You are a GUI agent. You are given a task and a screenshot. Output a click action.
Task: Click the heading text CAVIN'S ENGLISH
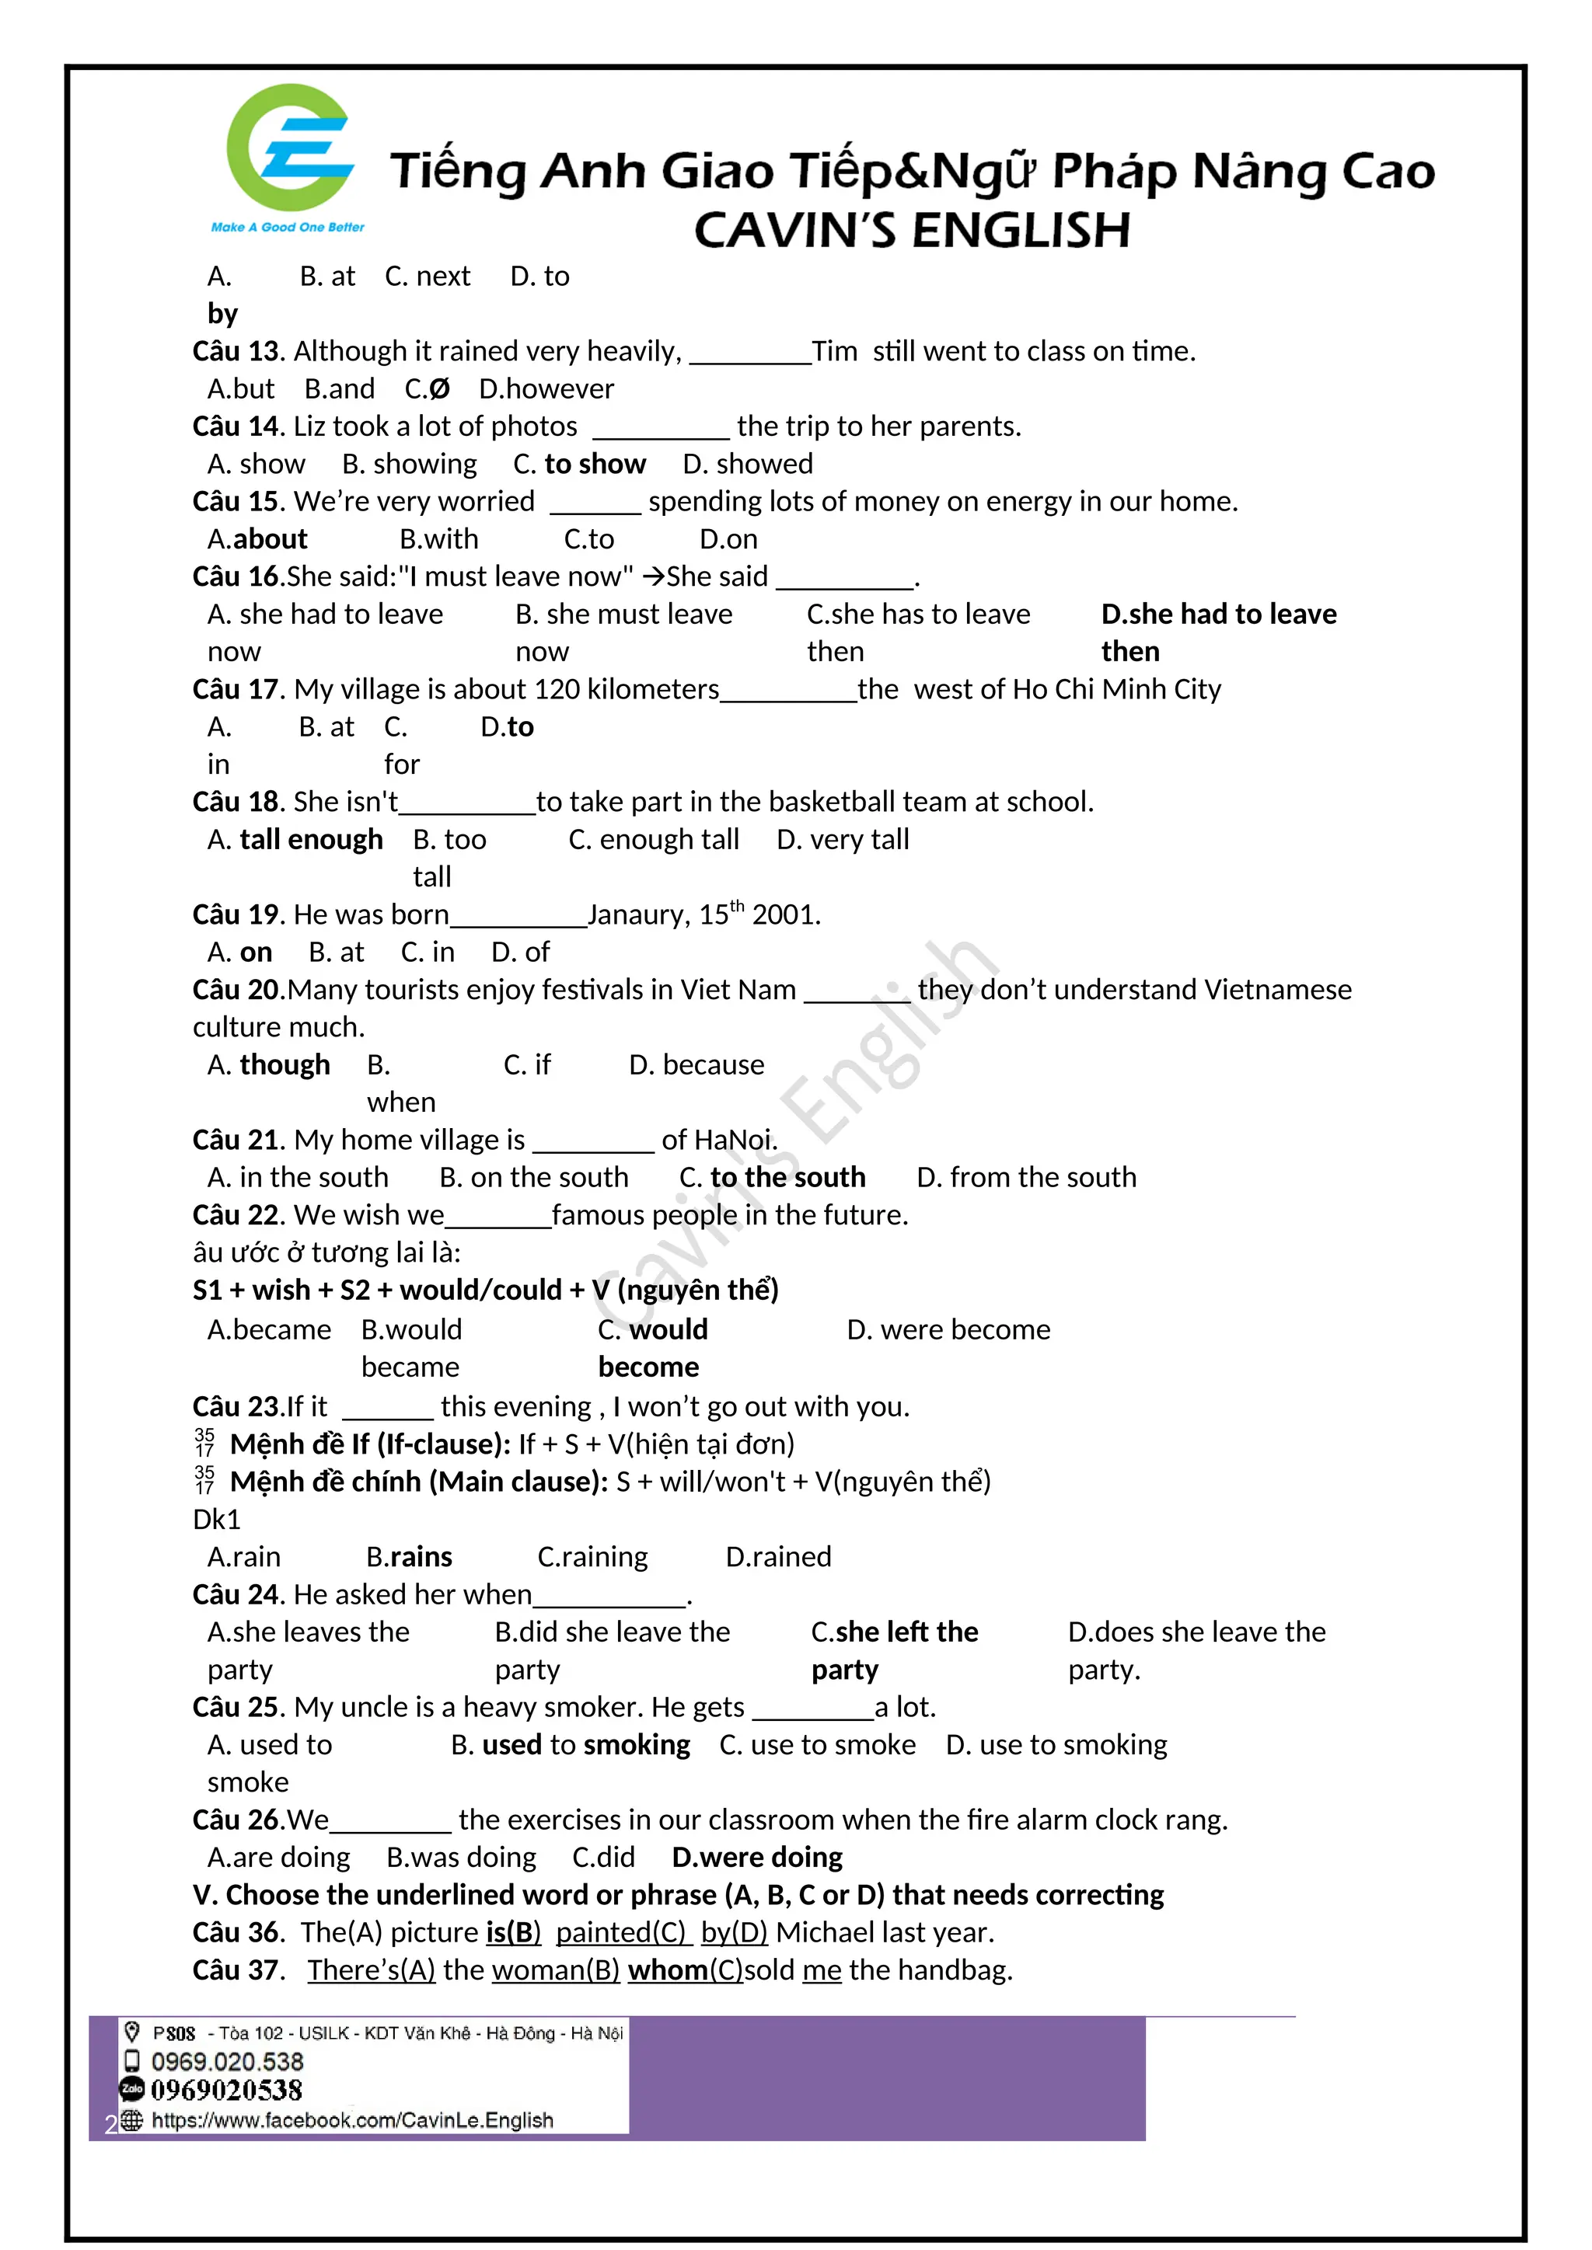(x=912, y=232)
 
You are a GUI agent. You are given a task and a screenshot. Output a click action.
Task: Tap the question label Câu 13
(x=237, y=351)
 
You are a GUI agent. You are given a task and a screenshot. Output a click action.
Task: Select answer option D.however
(x=546, y=389)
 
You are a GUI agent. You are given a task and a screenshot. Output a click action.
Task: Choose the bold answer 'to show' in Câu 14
(x=594, y=464)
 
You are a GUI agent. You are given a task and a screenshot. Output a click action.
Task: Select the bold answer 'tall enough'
(x=311, y=840)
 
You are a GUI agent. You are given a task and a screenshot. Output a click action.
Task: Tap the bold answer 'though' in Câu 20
(x=285, y=1065)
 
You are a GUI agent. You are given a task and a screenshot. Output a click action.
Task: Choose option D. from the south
(x=1026, y=1177)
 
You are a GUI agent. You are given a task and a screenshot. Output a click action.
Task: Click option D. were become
(x=948, y=1330)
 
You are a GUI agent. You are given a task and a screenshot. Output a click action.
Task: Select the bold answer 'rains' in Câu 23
(x=421, y=1557)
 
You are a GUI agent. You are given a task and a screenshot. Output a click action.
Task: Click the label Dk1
(x=217, y=1519)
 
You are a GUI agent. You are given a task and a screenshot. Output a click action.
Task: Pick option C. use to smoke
(x=818, y=1745)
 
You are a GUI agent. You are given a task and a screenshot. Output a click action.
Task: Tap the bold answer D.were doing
(x=757, y=1857)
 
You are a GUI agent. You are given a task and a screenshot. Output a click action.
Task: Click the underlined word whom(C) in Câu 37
(x=685, y=1970)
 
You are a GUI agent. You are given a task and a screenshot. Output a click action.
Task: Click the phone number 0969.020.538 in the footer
(x=228, y=2061)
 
